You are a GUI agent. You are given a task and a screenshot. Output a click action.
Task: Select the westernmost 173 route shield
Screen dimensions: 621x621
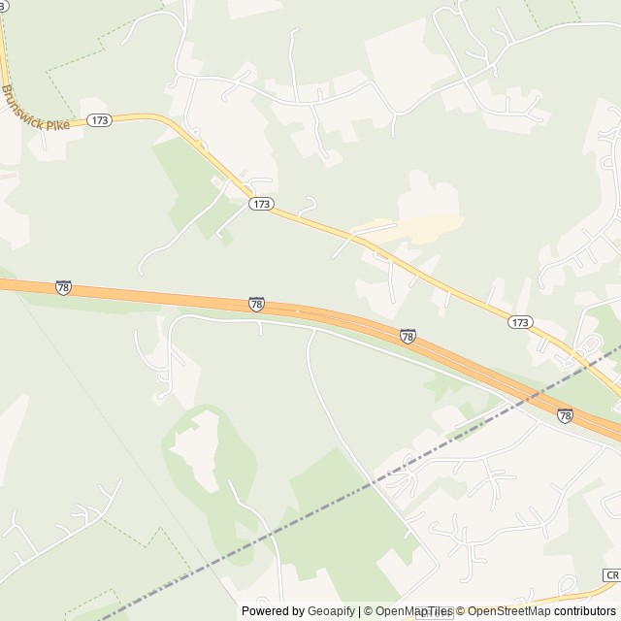tap(99, 120)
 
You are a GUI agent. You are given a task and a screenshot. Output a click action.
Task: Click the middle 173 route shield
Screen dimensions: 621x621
tap(260, 204)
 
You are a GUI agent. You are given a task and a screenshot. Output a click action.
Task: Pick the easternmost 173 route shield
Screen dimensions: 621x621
tap(520, 321)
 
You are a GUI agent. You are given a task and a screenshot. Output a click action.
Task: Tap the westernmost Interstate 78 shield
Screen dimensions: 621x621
tap(63, 287)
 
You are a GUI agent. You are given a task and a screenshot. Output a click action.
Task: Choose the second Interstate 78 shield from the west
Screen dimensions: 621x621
tap(256, 305)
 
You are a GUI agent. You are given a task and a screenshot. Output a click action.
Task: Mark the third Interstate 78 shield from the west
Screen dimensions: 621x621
tap(408, 336)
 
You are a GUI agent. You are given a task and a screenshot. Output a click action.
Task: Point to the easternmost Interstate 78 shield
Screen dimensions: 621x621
tap(565, 415)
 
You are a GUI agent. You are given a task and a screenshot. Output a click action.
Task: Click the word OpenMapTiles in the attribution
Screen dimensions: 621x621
tap(414, 611)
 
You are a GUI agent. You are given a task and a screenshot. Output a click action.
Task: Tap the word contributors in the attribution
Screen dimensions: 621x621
tap(585, 611)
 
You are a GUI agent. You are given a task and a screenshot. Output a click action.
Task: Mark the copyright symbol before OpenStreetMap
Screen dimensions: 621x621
tap(461, 611)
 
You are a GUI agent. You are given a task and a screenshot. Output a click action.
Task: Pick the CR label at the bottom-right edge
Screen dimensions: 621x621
tap(610, 575)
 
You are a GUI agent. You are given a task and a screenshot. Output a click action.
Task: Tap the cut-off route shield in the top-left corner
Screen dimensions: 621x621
tap(4, 5)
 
